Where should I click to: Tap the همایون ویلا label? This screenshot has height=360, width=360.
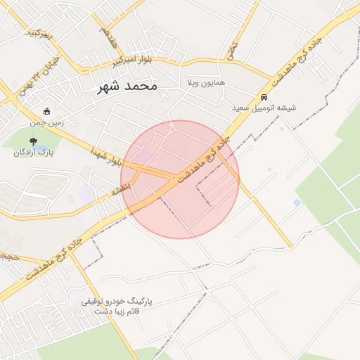pos(206,83)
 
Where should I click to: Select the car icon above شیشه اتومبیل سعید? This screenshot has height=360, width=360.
pos(264,97)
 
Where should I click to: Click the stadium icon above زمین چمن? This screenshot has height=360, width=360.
pos(47,111)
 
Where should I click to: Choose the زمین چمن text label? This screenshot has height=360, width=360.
pos(47,122)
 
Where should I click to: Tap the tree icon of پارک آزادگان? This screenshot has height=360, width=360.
pos(33,141)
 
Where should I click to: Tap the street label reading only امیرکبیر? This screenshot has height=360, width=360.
pos(38,32)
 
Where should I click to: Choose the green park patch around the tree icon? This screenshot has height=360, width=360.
pos(21,144)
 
